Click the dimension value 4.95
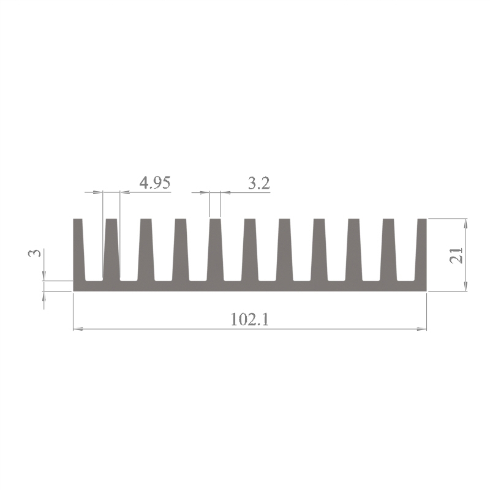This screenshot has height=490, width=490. [155, 183]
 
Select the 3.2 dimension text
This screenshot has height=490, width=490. [258, 183]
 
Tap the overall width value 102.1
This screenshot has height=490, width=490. [250, 319]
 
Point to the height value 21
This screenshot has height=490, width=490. [456, 255]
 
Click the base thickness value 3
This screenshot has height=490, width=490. [35, 253]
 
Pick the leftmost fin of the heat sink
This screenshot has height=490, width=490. [79, 249]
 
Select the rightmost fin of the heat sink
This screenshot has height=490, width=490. [421, 249]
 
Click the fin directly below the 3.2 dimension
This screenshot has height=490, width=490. [215, 249]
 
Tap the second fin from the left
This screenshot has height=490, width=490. [111, 249]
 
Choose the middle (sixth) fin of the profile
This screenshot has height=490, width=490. [250, 249]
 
